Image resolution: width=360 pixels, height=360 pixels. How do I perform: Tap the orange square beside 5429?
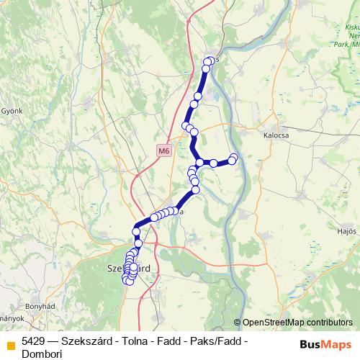click(x=10, y=341)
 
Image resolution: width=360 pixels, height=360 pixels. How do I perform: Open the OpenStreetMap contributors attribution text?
click(x=297, y=323)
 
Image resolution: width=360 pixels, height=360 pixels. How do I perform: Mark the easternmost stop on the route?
click(x=233, y=158)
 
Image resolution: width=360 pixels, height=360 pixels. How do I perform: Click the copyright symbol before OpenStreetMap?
click(x=238, y=323)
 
